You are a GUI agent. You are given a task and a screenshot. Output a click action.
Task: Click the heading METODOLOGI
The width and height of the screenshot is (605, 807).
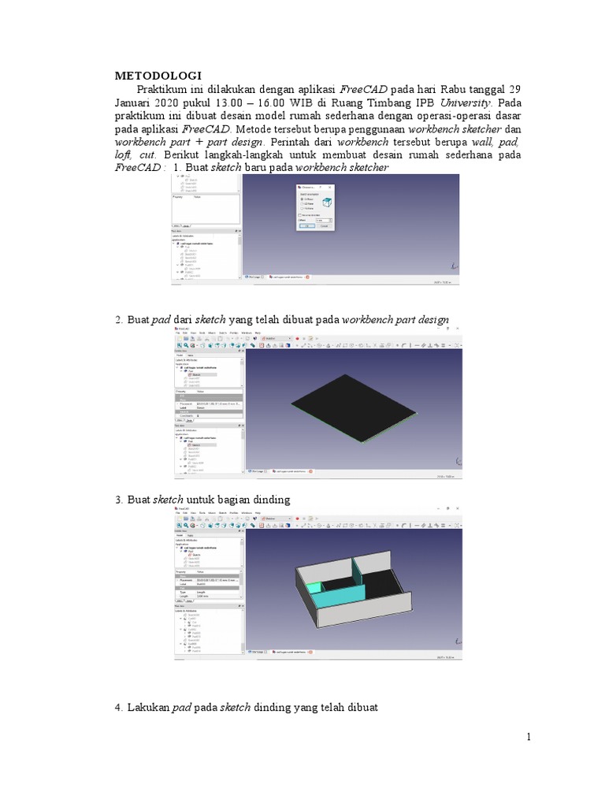pyautogui.click(x=158, y=76)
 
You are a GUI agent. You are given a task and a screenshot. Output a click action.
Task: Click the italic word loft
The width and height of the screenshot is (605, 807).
pyautogui.click(x=126, y=155)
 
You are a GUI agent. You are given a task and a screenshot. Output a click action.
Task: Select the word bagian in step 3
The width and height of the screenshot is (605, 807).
pyautogui.click(x=239, y=500)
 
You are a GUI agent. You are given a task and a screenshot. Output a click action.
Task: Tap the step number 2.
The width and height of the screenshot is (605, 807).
pyautogui.click(x=118, y=320)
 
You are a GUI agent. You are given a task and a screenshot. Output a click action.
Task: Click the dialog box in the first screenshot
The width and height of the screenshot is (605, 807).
pyautogui.click(x=314, y=206)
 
